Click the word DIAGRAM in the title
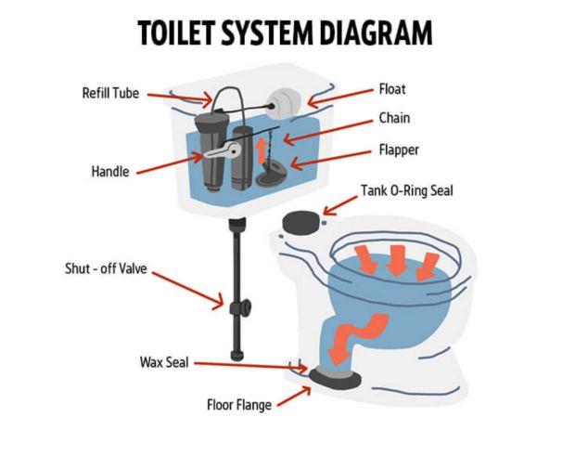377,33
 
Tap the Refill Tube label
110,93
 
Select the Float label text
392,89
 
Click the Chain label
394,118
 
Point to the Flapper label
399,150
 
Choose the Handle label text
110,172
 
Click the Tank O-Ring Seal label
407,190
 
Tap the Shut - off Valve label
106,268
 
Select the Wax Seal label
164,362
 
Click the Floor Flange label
239,405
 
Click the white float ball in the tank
284,104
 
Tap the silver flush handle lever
223,150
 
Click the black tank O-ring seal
302,223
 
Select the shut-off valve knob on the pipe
241,308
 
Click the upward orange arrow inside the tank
261,150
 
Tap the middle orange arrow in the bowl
397,260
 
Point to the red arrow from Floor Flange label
294,397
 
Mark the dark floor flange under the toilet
336,378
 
